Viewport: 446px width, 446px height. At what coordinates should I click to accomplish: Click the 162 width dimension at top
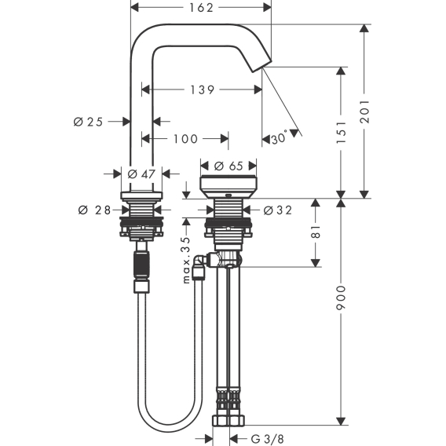click(201, 8)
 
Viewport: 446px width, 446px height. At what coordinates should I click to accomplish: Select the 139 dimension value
click(202, 90)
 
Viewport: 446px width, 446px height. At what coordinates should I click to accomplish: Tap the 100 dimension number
click(185, 139)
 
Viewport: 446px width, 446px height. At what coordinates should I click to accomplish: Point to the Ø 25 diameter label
click(88, 122)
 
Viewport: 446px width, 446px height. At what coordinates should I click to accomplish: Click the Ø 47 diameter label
click(141, 174)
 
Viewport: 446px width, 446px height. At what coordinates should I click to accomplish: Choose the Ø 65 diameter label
click(228, 166)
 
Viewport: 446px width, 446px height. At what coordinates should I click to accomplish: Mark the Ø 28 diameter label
click(94, 210)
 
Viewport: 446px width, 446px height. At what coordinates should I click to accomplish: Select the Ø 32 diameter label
click(278, 210)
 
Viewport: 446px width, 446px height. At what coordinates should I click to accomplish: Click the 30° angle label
click(279, 137)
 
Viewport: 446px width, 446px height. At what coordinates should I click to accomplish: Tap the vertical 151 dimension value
click(341, 132)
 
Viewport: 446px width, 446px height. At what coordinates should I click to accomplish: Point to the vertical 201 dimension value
click(364, 111)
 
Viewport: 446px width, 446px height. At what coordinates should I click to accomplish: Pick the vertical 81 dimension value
click(316, 232)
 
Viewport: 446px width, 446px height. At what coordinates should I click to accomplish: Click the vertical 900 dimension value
click(341, 298)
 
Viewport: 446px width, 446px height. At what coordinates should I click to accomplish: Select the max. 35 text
click(186, 260)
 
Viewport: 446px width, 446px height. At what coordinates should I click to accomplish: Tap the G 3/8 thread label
click(268, 439)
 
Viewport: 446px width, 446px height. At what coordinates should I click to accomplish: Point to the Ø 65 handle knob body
click(228, 187)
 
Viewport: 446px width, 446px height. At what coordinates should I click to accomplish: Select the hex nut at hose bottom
click(228, 420)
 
